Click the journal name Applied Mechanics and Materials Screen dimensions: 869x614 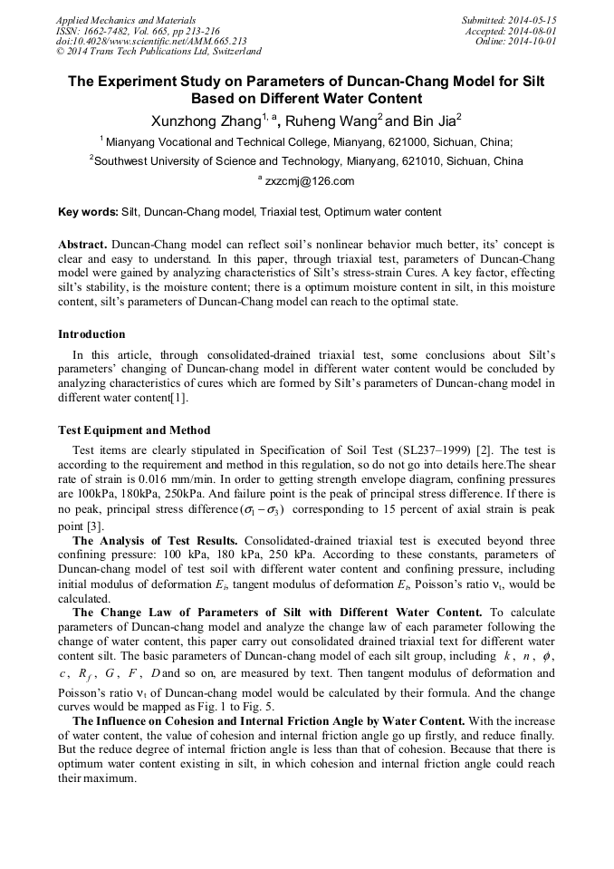(x=126, y=20)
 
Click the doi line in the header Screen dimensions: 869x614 (x=151, y=41)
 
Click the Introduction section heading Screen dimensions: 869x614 (x=91, y=334)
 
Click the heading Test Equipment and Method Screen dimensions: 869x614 (x=134, y=430)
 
